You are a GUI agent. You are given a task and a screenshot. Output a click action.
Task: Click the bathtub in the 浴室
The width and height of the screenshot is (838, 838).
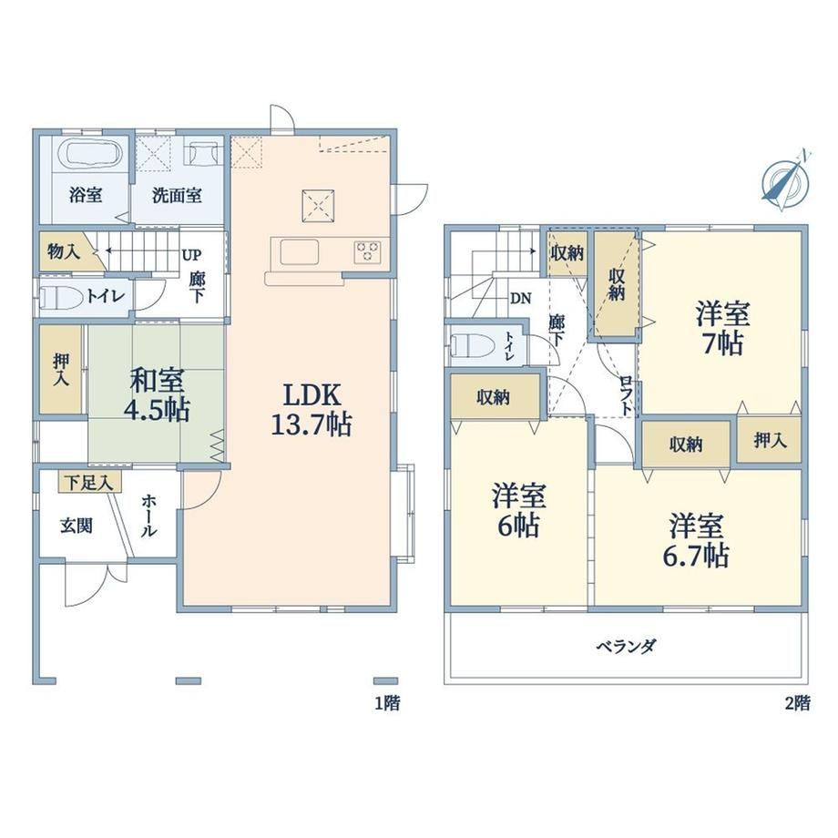pos(93,155)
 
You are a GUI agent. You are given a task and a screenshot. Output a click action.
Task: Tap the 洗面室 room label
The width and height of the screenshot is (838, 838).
pos(177,196)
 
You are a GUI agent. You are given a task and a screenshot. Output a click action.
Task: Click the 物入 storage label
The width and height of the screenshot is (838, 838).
pos(64,251)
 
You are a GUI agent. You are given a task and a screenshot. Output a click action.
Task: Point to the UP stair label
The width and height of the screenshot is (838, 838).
pos(192,255)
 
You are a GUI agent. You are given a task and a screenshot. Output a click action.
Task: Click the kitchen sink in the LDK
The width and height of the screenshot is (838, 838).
pos(300,251)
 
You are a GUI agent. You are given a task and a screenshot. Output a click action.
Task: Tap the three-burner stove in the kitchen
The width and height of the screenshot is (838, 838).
pos(367,252)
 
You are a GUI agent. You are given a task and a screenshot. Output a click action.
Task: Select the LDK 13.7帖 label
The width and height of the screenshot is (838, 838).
pos(312,411)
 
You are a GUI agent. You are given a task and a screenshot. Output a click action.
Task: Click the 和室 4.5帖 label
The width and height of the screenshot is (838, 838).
pos(157,395)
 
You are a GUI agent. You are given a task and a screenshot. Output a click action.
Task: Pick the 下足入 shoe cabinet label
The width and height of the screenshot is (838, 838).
pos(89,483)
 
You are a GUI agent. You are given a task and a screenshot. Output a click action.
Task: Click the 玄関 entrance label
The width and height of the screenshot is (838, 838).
pos(77,526)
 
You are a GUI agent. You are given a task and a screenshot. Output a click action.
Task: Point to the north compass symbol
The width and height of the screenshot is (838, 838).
pos(785,180)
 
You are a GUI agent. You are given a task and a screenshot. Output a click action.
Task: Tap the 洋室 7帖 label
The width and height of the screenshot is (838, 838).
pos(722,328)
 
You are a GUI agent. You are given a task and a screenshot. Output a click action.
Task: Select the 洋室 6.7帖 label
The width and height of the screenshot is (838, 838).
pos(697,540)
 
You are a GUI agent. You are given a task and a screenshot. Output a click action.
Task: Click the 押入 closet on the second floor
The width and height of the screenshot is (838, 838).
pos(770,440)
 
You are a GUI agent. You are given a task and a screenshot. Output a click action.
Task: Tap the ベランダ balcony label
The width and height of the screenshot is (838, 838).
pos(626,647)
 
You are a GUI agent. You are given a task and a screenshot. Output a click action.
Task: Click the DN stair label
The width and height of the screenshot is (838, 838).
pos(520,298)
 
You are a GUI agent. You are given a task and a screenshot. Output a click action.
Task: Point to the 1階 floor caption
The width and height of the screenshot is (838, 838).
pos(387,703)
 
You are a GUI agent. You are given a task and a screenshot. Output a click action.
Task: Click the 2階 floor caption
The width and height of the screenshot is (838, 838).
pos(797,703)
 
